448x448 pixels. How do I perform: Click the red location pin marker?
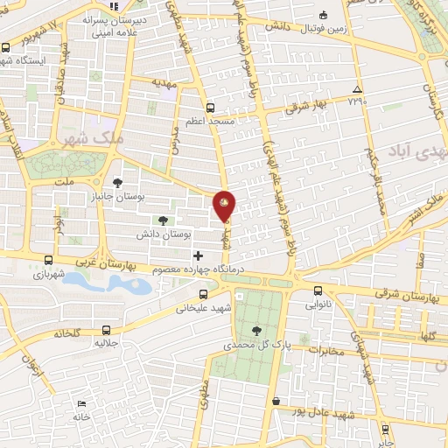(x=225, y=206)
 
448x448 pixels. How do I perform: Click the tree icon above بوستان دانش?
(x=164, y=220)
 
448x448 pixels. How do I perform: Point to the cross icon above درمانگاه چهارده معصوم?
(x=198, y=255)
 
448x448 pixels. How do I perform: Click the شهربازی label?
(x=32, y=275)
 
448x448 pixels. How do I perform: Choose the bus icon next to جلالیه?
(x=107, y=330)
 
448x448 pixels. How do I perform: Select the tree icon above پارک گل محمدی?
(x=255, y=330)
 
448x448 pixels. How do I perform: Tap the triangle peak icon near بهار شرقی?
(x=356, y=90)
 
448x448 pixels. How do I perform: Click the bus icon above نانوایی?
(x=318, y=291)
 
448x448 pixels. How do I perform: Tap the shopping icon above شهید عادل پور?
(x=276, y=402)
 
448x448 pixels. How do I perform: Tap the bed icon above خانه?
(x=81, y=404)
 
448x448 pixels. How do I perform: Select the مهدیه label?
(x=164, y=82)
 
